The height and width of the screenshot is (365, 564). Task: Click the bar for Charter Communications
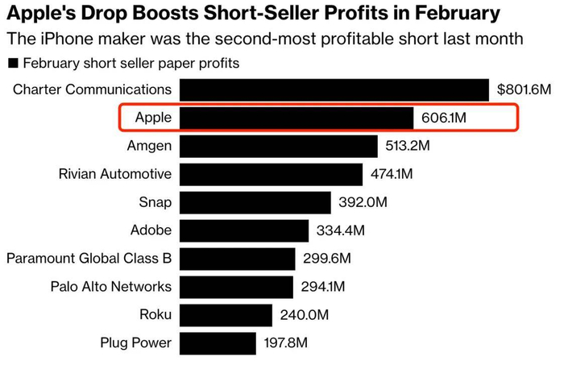click(334, 89)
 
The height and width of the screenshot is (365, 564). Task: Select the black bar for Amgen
click(279, 147)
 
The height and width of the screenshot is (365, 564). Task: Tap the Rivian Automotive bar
click(271, 174)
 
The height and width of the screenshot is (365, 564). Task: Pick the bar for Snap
click(255, 202)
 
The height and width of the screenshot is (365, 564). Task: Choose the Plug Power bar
click(218, 343)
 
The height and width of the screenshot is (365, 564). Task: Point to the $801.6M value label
click(523, 90)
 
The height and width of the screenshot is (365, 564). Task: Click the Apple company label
click(153, 118)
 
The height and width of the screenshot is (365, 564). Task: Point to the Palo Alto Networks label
click(110, 287)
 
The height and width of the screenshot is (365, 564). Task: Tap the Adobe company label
click(151, 230)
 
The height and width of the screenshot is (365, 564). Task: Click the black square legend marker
click(12, 63)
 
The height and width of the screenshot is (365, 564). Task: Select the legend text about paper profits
click(131, 63)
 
